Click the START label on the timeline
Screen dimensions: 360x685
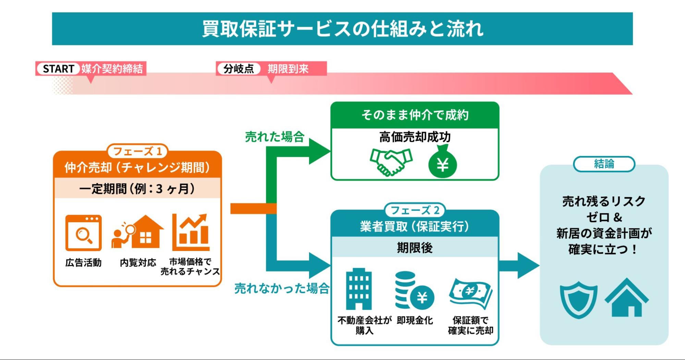(58, 69)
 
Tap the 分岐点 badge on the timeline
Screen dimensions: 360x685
(238, 69)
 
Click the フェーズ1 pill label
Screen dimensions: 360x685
(137, 151)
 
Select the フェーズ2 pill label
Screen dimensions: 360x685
(415, 210)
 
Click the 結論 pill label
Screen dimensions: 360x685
(604, 164)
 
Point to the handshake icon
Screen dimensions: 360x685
(391, 162)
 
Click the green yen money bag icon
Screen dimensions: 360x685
(442, 162)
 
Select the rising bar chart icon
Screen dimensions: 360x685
(191, 232)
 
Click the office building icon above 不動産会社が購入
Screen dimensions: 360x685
(359, 289)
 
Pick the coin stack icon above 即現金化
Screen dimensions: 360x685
(414, 291)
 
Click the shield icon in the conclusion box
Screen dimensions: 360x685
(578, 299)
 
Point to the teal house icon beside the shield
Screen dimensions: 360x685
(626, 298)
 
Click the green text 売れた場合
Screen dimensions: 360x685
(275, 137)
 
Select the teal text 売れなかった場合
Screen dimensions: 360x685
(282, 288)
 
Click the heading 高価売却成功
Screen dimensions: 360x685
(415, 137)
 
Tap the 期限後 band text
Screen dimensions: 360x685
(415, 247)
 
